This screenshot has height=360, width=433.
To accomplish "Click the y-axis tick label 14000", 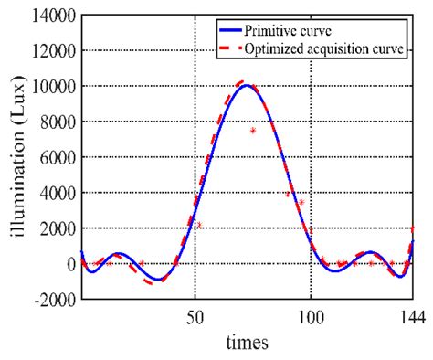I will tap(51, 16).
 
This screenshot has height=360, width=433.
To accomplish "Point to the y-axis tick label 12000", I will tap(51, 51).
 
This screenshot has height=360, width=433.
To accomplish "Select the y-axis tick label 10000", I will tap(51, 87).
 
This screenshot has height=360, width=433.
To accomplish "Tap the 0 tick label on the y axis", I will tap(69, 264).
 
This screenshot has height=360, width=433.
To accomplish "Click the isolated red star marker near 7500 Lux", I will tap(253, 131).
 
